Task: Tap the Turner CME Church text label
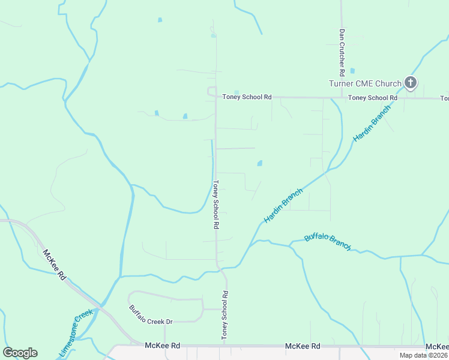click(365, 83)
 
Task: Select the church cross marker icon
click(410, 82)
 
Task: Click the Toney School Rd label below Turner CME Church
click(373, 98)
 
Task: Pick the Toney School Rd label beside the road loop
click(247, 97)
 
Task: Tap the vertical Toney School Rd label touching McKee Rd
click(225, 316)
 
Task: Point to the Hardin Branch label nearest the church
click(372, 123)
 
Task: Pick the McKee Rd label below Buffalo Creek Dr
click(163, 346)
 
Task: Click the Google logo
click(20, 353)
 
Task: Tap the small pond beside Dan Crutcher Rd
click(352, 71)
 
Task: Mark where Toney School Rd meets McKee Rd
click(227, 346)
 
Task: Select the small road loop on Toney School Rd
click(211, 91)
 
